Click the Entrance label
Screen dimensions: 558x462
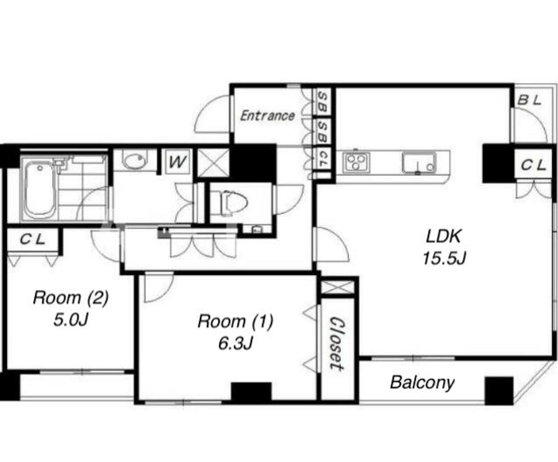pyautogui.click(x=268, y=116)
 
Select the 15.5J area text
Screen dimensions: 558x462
pyautogui.click(x=444, y=258)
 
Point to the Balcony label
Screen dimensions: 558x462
pyautogui.click(x=422, y=383)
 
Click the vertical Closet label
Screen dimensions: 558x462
pyautogui.click(x=337, y=343)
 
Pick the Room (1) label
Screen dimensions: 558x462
pyautogui.click(x=235, y=321)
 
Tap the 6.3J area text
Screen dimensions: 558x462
pyautogui.click(x=235, y=343)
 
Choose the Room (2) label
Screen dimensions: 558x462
pyautogui.click(x=71, y=297)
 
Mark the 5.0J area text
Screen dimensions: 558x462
pyautogui.click(x=71, y=321)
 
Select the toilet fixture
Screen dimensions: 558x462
pyautogui.click(x=229, y=203)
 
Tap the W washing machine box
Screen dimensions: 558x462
pyautogui.click(x=178, y=162)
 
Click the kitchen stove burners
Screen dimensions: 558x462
pyautogui.click(x=357, y=162)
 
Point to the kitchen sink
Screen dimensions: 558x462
pyautogui.click(x=419, y=162)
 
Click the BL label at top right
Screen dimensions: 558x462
pyautogui.click(x=529, y=100)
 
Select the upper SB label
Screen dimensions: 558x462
pyautogui.click(x=323, y=101)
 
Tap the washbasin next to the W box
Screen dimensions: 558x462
pyautogui.click(x=134, y=161)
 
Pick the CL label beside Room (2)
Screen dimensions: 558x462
pyautogui.click(x=32, y=239)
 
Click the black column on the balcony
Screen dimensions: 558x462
pyautogui.click(x=499, y=390)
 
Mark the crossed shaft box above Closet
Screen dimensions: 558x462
pyautogui.click(x=337, y=287)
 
